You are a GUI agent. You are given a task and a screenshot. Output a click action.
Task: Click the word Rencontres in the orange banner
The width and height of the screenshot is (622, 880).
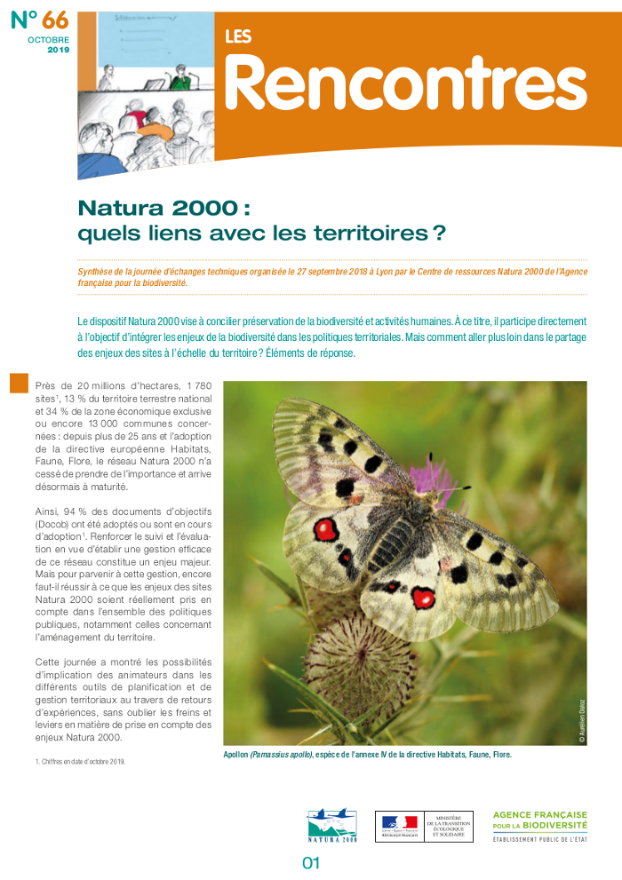[405, 83]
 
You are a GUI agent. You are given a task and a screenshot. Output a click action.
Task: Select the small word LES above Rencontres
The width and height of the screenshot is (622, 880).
[238, 37]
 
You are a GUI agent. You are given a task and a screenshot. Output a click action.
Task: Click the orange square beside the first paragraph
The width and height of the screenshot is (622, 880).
[20, 384]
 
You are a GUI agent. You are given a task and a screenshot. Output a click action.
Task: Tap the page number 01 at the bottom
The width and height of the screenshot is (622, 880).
[311, 862]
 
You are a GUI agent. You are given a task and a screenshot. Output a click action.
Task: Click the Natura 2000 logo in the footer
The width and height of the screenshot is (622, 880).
[331, 825]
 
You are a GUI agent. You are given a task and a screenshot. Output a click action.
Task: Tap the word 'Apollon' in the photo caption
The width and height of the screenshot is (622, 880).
[235, 756]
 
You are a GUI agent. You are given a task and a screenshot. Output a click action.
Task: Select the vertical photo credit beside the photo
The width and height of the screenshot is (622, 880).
[581, 719]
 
